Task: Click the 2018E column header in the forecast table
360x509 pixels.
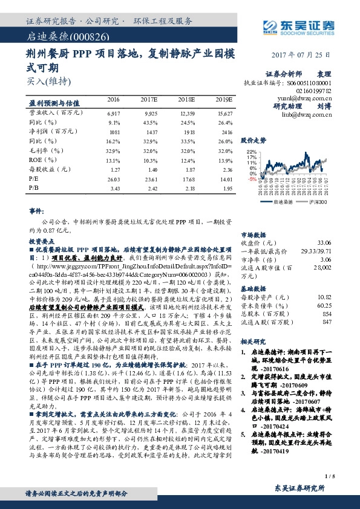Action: [186, 99]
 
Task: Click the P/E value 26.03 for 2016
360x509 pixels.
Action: [113, 178]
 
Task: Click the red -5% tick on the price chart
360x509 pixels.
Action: [251, 179]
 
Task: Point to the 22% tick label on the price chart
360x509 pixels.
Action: [252, 152]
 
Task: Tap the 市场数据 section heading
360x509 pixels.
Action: [253, 233]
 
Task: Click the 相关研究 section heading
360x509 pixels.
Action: [253, 342]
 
